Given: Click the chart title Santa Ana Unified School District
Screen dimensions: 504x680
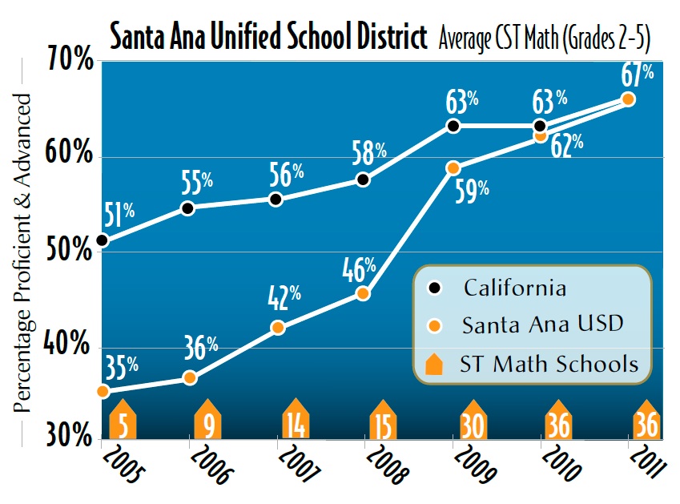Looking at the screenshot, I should point(268,37).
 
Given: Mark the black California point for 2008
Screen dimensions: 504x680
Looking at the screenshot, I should point(363,180).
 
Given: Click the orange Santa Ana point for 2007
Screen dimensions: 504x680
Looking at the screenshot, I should point(277,328).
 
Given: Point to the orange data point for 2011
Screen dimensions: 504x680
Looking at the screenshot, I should point(628,99).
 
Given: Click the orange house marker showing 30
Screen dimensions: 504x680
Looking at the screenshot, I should point(471,421).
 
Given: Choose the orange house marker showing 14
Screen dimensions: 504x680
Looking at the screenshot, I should point(296,421).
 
